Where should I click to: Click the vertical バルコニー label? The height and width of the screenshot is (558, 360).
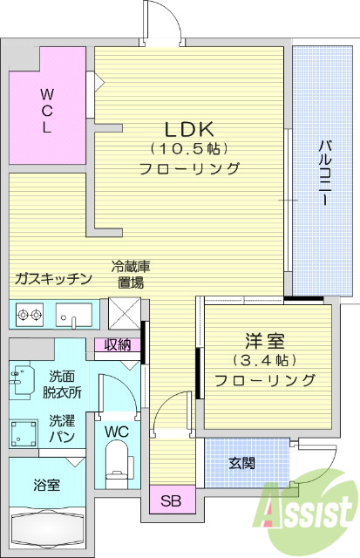323,171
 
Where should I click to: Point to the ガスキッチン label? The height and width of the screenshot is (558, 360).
52,279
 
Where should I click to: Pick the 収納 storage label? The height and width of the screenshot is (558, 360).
118,345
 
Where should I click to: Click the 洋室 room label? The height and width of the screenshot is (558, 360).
264,339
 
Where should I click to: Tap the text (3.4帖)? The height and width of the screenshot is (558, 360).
264,360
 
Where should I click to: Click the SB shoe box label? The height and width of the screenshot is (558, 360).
171,500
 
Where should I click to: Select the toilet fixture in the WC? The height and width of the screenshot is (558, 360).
116,462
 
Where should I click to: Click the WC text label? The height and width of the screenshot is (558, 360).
116,432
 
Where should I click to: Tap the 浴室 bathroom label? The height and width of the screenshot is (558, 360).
46,485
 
